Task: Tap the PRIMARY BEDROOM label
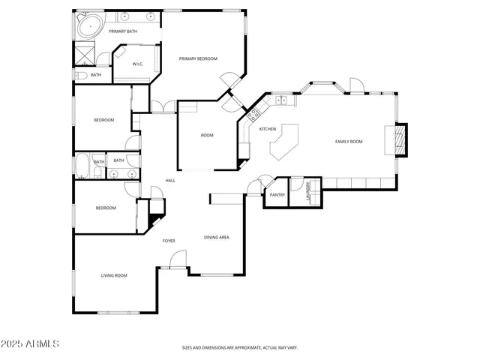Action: click(198, 58)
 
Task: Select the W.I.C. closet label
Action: click(137, 64)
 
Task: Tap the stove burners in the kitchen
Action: click(253, 115)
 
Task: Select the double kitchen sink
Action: click(282, 100)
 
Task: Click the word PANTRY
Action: click(277, 195)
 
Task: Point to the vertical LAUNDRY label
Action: click(307, 193)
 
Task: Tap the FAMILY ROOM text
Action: click(349, 141)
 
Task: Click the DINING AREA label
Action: click(217, 238)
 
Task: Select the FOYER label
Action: click(169, 241)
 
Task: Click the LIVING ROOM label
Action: click(114, 275)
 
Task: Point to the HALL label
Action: click(170, 181)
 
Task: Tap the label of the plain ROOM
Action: click(207, 136)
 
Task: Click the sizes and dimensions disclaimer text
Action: click(240, 348)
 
